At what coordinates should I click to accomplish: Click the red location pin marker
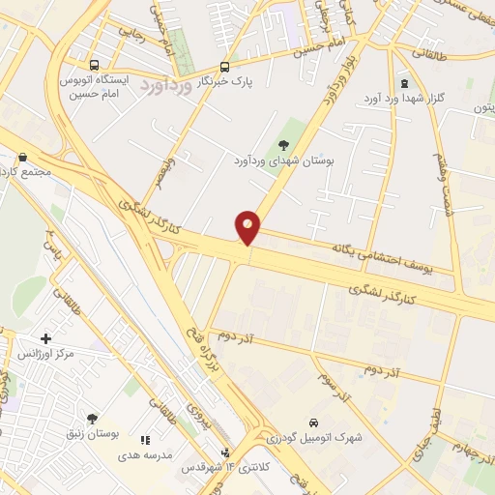point(248,226)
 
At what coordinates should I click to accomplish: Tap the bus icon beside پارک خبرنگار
point(225,67)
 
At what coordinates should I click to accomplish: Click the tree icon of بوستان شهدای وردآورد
point(282,143)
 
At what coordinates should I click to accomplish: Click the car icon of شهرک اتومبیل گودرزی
point(313,422)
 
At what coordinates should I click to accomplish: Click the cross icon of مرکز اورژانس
point(45,337)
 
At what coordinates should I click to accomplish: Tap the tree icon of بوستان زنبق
point(92,419)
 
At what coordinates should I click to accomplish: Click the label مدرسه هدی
point(145,454)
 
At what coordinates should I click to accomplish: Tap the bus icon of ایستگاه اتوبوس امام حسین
point(90,55)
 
